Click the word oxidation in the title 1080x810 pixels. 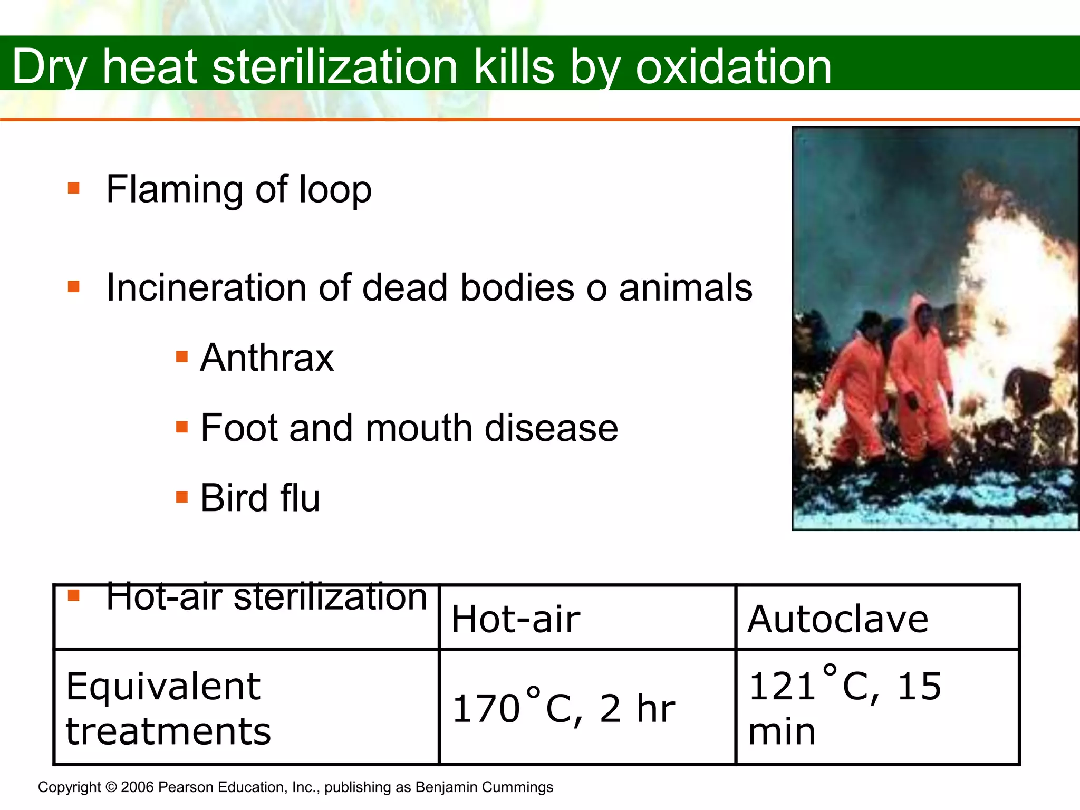tap(734, 67)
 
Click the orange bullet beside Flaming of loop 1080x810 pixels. tap(74, 188)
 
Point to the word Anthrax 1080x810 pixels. tap(267, 358)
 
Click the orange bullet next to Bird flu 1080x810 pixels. tap(182, 497)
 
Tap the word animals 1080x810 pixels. tap(686, 288)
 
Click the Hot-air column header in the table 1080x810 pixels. tap(516, 619)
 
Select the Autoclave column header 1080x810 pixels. tap(838, 619)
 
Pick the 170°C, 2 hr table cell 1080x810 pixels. tap(564, 708)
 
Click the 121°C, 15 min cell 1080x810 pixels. tap(845, 708)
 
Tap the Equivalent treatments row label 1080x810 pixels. tap(168, 708)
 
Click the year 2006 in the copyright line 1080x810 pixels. tap(137, 787)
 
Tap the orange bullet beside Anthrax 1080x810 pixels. tap(182, 357)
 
